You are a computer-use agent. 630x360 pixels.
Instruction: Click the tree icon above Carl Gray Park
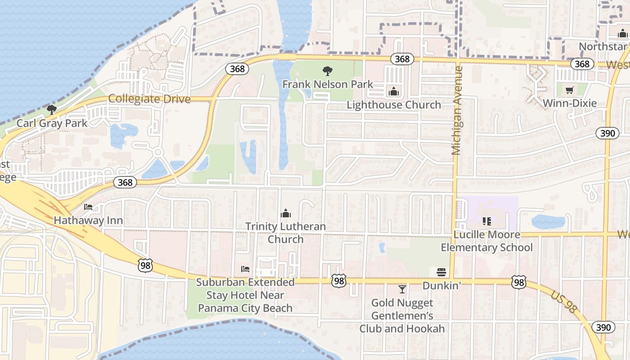point(52,109)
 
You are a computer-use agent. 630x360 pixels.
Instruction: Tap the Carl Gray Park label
point(52,123)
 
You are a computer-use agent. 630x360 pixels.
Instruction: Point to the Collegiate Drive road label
point(149,99)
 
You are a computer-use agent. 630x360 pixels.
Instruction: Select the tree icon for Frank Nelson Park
point(328,71)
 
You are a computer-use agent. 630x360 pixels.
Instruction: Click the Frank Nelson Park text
point(328,84)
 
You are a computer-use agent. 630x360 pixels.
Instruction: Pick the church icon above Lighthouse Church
point(394,91)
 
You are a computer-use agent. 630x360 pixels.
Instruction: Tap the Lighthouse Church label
point(394,105)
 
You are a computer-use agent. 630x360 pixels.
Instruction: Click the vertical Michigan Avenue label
point(457,110)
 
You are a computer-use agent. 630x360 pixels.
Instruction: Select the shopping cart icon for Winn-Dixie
point(570,90)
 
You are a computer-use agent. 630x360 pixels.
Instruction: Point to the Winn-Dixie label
point(570,103)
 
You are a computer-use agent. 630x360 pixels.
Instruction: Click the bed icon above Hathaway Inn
point(88,207)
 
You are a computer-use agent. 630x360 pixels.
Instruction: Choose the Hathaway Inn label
point(88,220)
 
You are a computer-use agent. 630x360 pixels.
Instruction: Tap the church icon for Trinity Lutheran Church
point(286,213)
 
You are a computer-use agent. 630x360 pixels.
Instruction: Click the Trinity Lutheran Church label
point(286,233)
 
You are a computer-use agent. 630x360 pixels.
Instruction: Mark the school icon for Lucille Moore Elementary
point(486,221)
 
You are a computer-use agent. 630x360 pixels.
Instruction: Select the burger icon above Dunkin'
point(441,272)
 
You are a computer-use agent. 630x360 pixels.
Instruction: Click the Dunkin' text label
point(441,286)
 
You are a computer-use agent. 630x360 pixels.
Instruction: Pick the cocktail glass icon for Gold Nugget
point(402,289)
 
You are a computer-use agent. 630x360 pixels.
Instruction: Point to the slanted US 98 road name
point(563,301)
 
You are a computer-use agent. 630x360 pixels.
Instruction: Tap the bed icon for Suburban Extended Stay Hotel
point(245,269)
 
